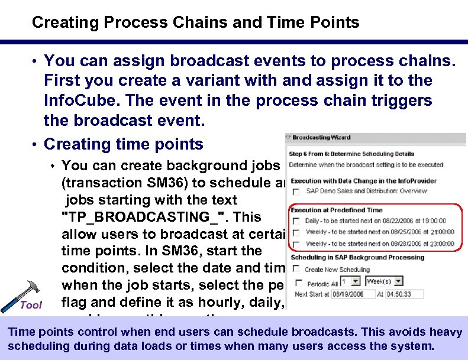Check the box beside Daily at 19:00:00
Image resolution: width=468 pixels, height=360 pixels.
point(297,221)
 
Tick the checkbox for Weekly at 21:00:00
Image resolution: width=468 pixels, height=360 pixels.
point(297,232)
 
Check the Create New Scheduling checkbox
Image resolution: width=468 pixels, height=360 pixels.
point(297,270)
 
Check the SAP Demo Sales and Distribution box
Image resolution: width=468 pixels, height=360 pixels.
point(297,191)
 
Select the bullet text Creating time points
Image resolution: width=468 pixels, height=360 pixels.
point(124,144)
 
